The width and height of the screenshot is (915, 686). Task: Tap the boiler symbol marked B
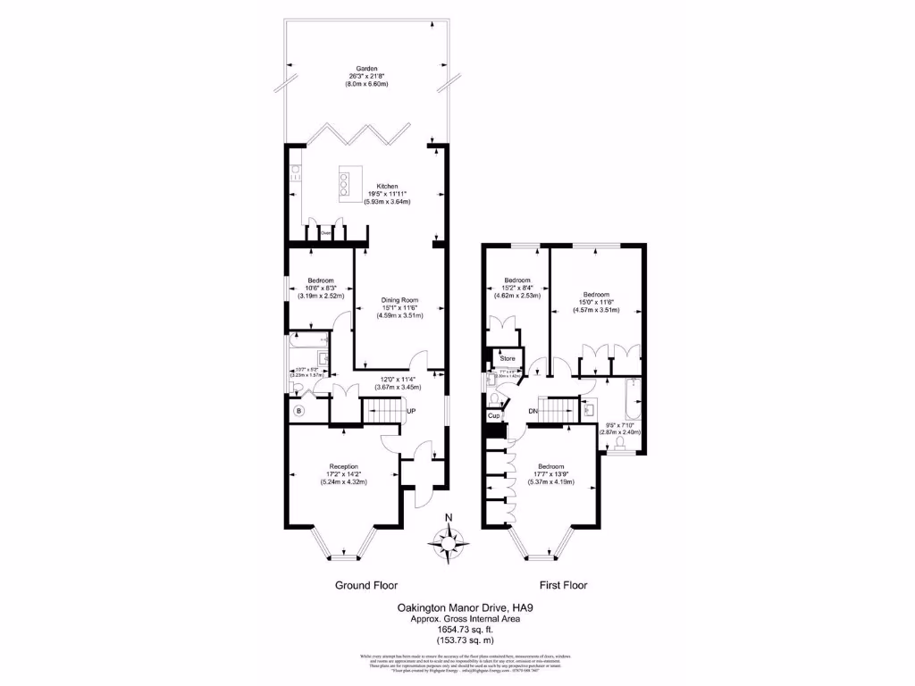tap(298, 411)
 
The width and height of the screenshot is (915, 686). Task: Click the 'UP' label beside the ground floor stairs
tap(411, 411)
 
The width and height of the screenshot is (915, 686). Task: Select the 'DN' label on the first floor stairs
tap(533, 411)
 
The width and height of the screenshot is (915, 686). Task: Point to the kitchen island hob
tap(343, 183)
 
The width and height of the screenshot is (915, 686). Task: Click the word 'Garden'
tap(367, 68)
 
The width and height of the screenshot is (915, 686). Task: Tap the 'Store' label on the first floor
tap(508, 358)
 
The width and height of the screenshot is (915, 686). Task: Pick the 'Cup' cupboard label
tap(493, 416)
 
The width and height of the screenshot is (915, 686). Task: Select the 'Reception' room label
tap(344, 466)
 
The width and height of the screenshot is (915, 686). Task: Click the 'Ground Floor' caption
tap(366, 586)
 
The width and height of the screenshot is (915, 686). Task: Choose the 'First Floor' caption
tap(563, 586)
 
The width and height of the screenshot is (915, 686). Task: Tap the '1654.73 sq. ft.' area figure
tap(459, 627)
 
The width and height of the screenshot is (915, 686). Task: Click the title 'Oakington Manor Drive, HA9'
tap(459, 607)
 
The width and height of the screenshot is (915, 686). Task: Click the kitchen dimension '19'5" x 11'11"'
tap(387, 194)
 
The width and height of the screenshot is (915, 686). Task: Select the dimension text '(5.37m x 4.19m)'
tap(550, 481)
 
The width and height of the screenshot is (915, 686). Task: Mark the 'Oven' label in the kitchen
tap(327, 233)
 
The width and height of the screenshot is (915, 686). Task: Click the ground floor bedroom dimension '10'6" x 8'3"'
tap(321, 288)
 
